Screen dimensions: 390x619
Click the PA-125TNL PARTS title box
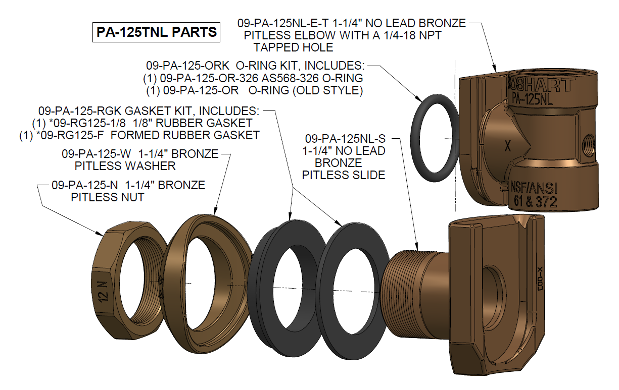point(156,32)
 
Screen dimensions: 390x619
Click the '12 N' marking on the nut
point(103,292)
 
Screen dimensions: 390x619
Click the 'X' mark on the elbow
point(509,146)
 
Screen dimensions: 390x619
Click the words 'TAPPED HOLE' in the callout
point(293,48)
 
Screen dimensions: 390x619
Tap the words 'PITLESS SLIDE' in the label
point(344,175)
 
